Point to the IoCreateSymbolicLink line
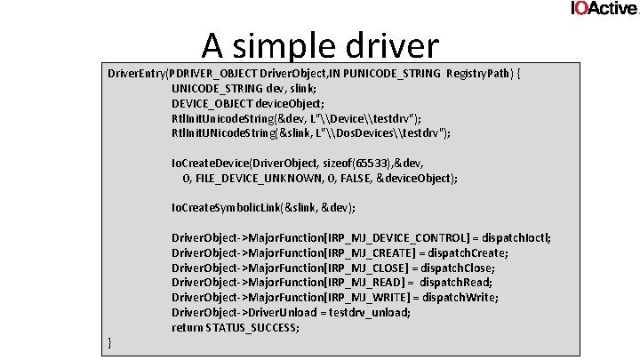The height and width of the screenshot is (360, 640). coord(263,207)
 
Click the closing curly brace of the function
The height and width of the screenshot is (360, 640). coord(110,343)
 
